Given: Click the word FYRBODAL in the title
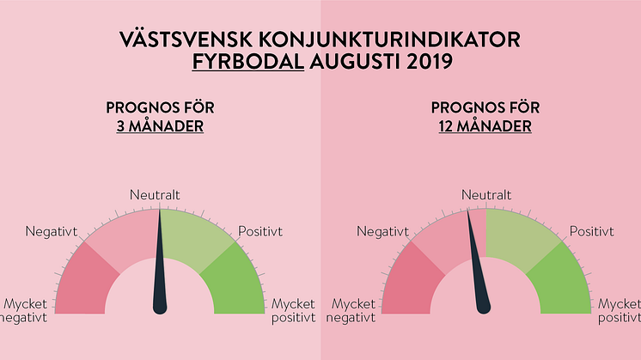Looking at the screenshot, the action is (248, 62).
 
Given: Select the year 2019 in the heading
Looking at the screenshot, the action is (430, 62).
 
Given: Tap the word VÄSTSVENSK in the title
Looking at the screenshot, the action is (186, 40).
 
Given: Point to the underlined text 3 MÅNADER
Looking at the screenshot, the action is (160, 126).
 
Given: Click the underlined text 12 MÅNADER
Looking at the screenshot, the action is (485, 126).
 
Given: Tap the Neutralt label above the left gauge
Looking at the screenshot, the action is (155, 195).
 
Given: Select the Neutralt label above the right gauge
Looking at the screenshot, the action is (486, 195).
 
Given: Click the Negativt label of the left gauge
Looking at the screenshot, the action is (51, 232).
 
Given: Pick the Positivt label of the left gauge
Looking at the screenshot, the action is (260, 232).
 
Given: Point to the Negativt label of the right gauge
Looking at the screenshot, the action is (382, 232).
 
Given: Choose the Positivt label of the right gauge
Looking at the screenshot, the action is (591, 232).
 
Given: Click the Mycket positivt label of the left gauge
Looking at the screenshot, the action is (294, 310).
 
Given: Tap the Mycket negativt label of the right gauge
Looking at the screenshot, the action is (351, 310).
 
